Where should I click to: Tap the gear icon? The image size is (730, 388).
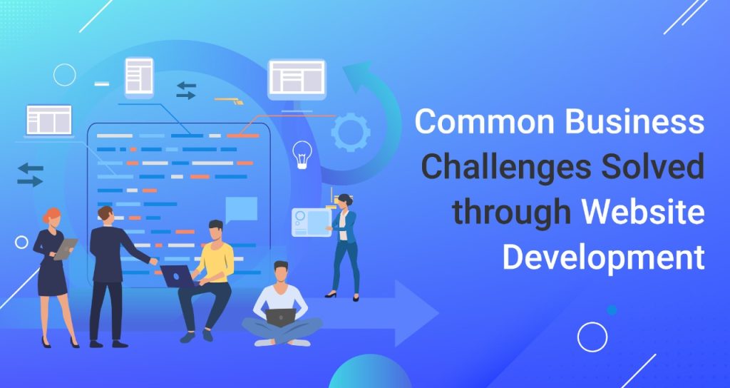(x=351, y=131)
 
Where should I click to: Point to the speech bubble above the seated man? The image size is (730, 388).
(x=241, y=208)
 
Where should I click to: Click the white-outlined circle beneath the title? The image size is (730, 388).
(x=592, y=337)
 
